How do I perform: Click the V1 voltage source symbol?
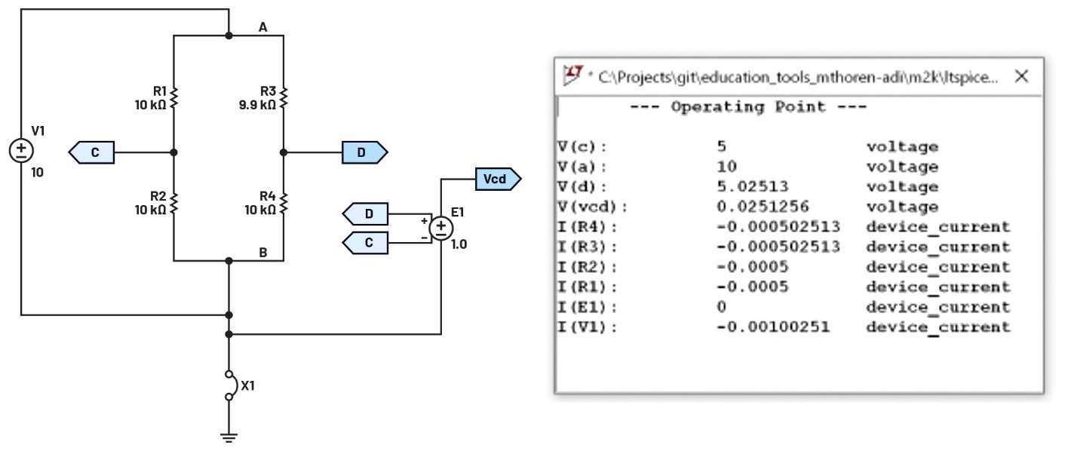pyautogui.click(x=21, y=151)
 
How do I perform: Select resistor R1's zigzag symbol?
pyautogui.click(x=174, y=97)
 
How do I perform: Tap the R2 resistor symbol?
pyautogui.click(x=174, y=203)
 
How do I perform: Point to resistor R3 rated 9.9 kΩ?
pyautogui.click(x=284, y=97)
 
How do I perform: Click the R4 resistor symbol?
pyautogui.click(x=284, y=203)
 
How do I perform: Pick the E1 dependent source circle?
pyautogui.click(x=440, y=227)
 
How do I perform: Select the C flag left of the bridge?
pyautogui.click(x=92, y=152)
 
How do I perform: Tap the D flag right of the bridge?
pyautogui.click(x=364, y=152)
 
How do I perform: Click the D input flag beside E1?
pyautogui.click(x=367, y=214)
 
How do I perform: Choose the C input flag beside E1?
pyautogui.click(x=367, y=243)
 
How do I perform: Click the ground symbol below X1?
pyautogui.click(x=229, y=435)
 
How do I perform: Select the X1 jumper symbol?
pyautogui.click(x=229, y=385)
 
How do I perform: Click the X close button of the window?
pyautogui.click(x=1021, y=76)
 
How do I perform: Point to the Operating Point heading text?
pyautogui.click(x=748, y=107)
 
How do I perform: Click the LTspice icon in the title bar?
pyautogui.click(x=574, y=75)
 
